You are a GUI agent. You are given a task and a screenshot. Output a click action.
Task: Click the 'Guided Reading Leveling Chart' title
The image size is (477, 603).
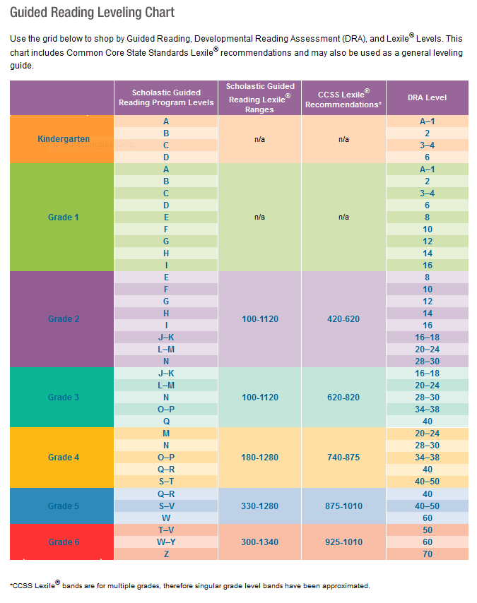point(92,13)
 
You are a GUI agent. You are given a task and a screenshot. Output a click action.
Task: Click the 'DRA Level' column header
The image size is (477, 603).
point(427,98)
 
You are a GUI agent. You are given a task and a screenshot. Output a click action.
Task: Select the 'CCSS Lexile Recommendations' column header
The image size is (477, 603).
point(343,98)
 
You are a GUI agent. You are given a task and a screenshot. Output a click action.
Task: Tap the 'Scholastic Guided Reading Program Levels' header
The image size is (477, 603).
point(166,97)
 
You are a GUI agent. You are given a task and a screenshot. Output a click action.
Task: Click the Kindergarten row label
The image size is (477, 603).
point(64,139)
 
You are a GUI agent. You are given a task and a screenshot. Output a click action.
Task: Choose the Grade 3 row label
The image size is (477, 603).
point(62,398)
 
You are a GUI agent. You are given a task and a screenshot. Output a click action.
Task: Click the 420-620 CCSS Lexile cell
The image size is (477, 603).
point(343,319)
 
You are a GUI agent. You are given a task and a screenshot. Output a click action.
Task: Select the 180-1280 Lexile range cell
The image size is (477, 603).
point(260,458)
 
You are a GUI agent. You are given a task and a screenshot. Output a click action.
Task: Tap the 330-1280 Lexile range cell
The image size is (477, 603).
point(260,506)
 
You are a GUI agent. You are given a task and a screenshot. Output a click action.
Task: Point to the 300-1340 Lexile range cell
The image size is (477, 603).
point(260,542)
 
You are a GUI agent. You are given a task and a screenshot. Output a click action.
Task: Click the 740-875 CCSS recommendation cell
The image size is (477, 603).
point(343,458)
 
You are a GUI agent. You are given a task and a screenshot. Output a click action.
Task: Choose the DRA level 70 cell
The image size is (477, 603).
point(427,554)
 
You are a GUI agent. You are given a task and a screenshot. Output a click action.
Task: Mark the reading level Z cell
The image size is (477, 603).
point(166,554)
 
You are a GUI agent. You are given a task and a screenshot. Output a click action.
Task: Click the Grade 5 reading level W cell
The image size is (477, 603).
point(166,518)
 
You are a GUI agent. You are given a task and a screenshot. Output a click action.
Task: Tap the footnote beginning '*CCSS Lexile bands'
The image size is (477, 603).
point(189,585)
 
